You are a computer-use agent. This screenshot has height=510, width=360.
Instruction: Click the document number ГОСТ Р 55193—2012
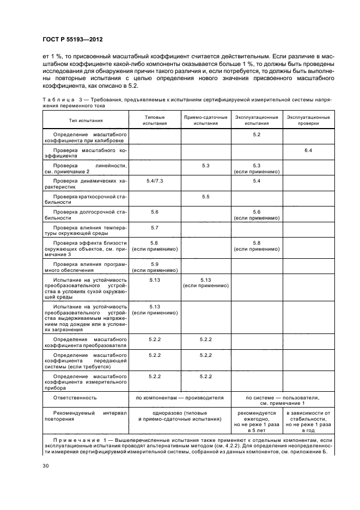72,39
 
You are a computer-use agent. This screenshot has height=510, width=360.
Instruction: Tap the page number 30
45,465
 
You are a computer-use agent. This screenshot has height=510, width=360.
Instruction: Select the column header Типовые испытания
154,120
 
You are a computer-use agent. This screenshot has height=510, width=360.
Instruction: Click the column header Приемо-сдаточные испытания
205,120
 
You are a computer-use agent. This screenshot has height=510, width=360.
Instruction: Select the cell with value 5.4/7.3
154,180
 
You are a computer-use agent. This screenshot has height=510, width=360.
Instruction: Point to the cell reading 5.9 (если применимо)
154,267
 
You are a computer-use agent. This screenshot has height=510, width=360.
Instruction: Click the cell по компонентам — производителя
179,398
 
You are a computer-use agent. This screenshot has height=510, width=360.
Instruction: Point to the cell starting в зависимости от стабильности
308,421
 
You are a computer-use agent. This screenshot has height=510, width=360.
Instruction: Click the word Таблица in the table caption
58,100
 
